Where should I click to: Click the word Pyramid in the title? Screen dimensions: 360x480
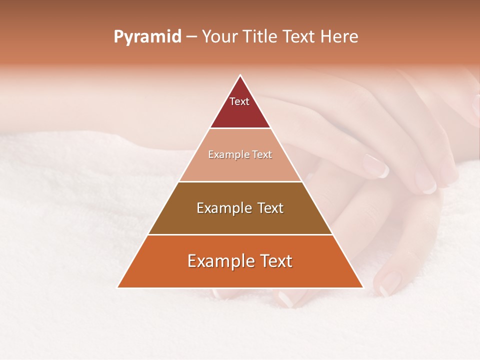pyautogui.click(x=147, y=37)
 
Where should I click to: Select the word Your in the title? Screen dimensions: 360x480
pyautogui.click(x=219, y=37)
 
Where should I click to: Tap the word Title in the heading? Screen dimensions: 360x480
pyautogui.click(x=260, y=37)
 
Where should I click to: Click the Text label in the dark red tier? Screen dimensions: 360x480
pyautogui.click(x=239, y=101)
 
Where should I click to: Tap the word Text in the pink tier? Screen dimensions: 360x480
pyautogui.click(x=262, y=154)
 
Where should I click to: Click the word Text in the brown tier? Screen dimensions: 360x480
pyautogui.click(x=270, y=208)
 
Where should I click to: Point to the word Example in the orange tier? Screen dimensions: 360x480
pyautogui.click(x=217, y=261)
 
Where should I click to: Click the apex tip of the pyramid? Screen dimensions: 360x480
pyautogui.click(x=240, y=76)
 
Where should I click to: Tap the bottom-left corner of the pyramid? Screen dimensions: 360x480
pyautogui.click(x=118, y=287)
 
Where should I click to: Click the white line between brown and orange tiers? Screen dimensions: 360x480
pyautogui.click(x=240, y=234)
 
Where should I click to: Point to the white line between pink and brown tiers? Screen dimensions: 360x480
pyautogui.click(x=240, y=181)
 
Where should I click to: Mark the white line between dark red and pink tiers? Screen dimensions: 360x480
pyautogui.click(x=240, y=128)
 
